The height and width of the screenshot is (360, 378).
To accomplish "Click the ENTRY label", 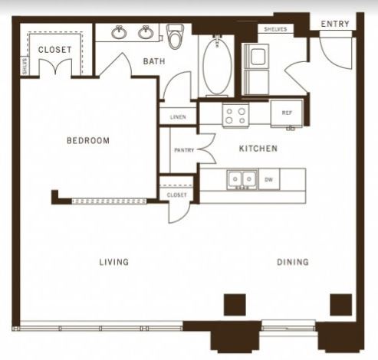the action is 335,24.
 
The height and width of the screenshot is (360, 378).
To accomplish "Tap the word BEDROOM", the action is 88,140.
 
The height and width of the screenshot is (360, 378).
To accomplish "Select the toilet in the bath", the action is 175,36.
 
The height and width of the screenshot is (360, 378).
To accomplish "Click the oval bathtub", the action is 218,66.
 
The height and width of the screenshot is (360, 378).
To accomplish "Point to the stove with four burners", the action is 235,116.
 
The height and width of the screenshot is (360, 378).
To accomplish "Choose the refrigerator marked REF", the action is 287,113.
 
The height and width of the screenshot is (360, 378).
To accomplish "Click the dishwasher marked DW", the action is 269,180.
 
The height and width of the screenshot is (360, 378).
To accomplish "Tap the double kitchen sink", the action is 242,179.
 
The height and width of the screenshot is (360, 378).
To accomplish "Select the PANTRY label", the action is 184,150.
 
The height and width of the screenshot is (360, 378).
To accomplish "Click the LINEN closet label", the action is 178,117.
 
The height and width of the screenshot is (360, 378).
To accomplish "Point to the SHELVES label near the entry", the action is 275,29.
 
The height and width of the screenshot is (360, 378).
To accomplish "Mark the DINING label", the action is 293,262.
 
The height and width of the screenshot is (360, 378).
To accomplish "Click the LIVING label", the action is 114,262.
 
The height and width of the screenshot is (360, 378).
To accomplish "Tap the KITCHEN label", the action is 258,149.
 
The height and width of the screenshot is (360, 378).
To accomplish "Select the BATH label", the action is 154,61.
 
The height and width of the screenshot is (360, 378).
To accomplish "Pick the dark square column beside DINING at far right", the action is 341,305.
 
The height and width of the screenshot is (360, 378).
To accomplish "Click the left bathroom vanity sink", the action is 119,32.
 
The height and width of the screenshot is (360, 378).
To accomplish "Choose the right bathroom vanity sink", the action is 146,32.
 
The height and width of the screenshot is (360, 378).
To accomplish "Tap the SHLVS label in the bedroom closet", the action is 25,66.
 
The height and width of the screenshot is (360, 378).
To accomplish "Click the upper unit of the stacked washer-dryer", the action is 257,56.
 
